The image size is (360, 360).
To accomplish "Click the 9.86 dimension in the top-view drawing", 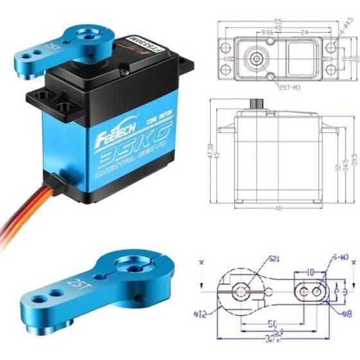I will pyautogui.click(x=251, y=30).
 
